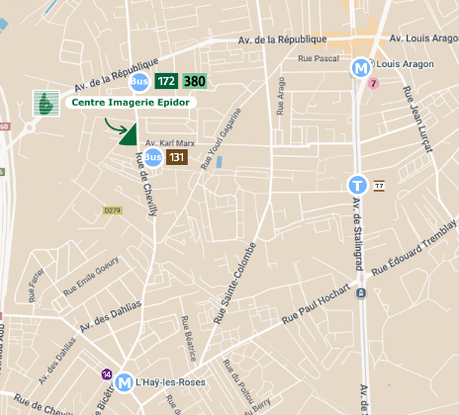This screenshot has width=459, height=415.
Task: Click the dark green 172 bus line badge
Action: pos(166,81)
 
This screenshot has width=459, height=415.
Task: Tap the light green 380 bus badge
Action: pos(194,81)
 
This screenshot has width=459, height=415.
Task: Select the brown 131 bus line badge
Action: pos(176,157)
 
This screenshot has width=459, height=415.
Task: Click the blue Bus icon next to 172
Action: pos(140,81)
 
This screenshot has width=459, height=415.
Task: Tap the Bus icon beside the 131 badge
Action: pos(152,157)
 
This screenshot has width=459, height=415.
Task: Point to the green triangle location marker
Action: pos(128,135)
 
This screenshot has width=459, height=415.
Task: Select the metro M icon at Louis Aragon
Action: pos(361,68)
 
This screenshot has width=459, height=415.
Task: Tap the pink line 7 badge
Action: pos(373,84)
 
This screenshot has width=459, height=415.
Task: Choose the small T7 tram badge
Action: pos(378,185)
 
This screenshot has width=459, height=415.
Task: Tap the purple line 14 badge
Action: pos(106,373)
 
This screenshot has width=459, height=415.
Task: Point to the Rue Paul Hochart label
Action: pos(317,306)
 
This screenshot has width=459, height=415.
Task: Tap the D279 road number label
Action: pos(112,209)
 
